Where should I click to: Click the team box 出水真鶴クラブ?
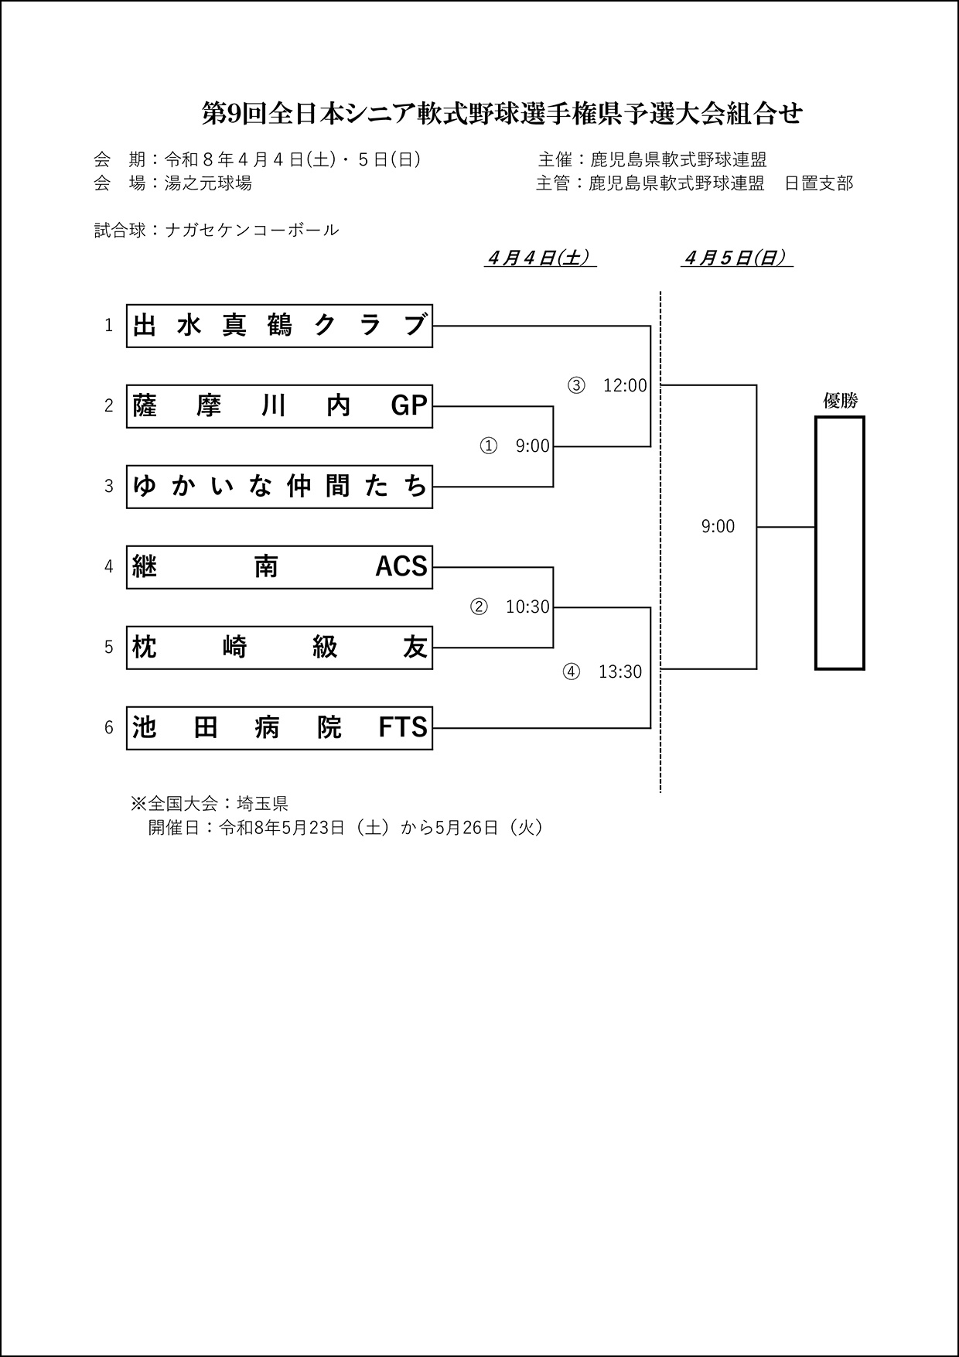click(x=279, y=326)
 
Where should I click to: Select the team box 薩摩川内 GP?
click(x=279, y=406)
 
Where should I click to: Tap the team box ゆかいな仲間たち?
click(x=279, y=487)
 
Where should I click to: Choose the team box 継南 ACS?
click(x=279, y=567)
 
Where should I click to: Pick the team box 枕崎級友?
click(x=279, y=648)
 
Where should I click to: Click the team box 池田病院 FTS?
click(x=279, y=728)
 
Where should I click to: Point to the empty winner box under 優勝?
click(x=839, y=543)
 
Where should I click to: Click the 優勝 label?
click(x=840, y=401)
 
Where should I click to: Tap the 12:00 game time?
click(x=625, y=385)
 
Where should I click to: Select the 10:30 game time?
click(x=527, y=607)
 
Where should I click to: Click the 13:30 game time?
click(x=620, y=672)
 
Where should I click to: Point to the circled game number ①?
click(x=489, y=446)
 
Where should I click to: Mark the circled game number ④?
click(x=571, y=672)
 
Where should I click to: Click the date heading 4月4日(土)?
click(x=540, y=258)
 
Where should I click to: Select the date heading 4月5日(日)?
click(x=737, y=258)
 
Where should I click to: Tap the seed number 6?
click(x=109, y=728)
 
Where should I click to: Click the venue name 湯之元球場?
click(x=207, y=183)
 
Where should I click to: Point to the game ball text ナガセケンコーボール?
click(x=252, y=230)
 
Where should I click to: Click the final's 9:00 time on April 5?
click(x=718, y=527)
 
